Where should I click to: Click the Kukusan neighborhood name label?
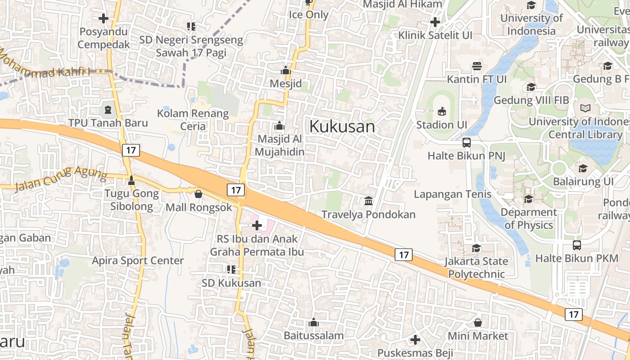tap(342, 126)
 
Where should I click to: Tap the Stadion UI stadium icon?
tap(442, 111)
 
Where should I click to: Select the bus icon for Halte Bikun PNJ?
tap(467, 143)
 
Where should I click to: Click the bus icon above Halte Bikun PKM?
tap(577, 245)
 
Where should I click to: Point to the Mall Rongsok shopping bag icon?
tap(198, 194)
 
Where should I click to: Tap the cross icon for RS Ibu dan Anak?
tap(257, 225)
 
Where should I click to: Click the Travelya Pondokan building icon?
tap(369, 201)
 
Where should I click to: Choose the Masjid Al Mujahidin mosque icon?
tap(279, 126)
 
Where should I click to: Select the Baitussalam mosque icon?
tap(314, 322)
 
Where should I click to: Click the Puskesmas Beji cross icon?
tap(415, 339)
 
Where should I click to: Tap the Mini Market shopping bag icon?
tap(477, 323)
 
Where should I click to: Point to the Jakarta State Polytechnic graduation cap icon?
tap(476, 248)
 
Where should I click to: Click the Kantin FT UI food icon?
tap(477, 66)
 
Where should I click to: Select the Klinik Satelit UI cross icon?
tap(435, 22)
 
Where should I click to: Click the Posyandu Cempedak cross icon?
tap(103, 18)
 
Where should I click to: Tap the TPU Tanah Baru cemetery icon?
tap(108, 109)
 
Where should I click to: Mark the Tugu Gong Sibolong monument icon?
tap(131, 180)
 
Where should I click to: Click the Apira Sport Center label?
tap(138, 261)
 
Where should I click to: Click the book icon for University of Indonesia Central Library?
tap(585, 108)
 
